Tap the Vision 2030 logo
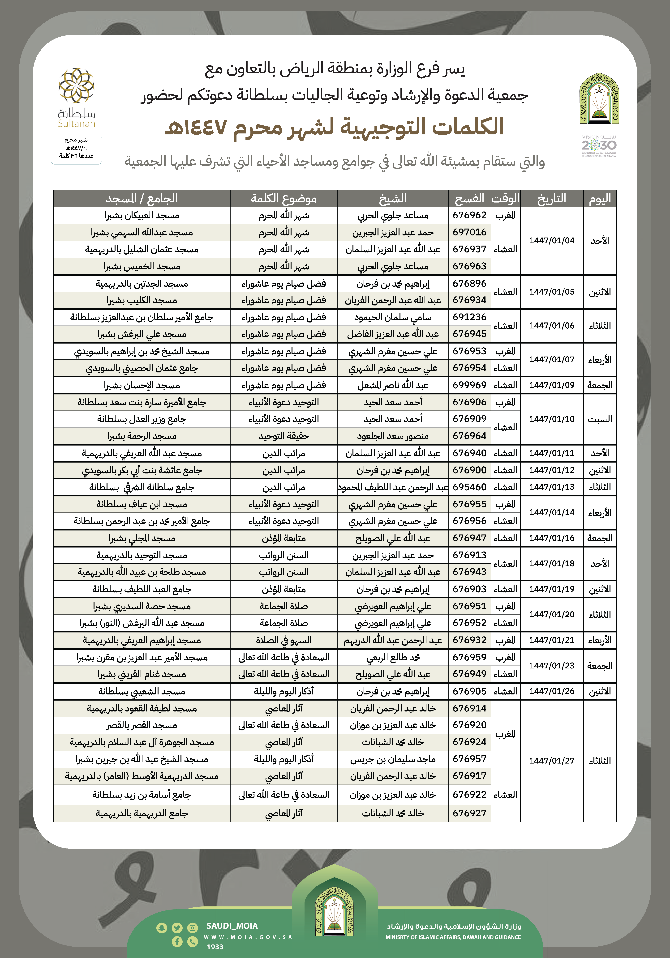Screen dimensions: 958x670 point(599,145)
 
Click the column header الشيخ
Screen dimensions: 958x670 point(393,199)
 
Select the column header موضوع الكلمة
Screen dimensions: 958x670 point(283,199)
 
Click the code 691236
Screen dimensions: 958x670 point(469,317)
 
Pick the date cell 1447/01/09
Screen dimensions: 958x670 point(552,385)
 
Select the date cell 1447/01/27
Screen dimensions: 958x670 point(552,761)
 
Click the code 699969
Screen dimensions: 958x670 point(469,385)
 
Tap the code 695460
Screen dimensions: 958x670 point(469,487)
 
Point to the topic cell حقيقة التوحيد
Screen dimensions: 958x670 point(283,436)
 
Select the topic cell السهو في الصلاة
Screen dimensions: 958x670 point(283,640)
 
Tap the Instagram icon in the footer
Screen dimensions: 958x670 point(192,927)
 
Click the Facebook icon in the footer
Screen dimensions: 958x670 point(177,941)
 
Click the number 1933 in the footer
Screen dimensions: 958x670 point(215,947)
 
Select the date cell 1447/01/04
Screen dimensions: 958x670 point(552,241)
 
